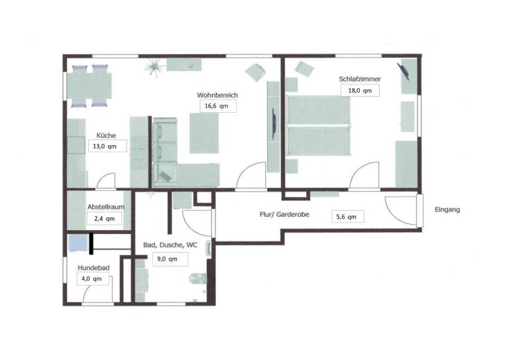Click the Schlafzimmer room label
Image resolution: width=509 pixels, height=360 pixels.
tap(360, 79)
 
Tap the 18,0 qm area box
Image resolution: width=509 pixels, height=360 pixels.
tap(360, 91)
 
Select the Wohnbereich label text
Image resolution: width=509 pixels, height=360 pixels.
tap(217, 95)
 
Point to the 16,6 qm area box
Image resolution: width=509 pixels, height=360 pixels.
tap(218, 106)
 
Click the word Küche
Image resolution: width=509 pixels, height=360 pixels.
tap(106, 135)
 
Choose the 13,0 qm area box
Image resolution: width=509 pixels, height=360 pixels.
tap(107, 146)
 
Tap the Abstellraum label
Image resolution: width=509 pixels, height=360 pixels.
tap(106, 207)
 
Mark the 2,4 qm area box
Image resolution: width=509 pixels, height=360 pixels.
tap(105, 219)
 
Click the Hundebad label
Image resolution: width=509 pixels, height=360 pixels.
tap(93, 268)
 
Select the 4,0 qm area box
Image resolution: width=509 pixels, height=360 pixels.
tap(93, 279)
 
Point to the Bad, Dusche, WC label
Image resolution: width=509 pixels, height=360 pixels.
tap(170, 245)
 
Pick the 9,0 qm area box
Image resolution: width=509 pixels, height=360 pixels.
tap(170, 259)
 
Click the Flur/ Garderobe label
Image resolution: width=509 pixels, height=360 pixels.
tap(284, 215)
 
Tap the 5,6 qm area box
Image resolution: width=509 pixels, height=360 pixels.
tap(348, 217)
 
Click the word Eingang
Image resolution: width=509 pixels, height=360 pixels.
tap(447, 210)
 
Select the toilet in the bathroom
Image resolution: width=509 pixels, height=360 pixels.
tap(198, 278)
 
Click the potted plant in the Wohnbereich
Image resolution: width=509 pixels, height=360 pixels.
tap(155, 68)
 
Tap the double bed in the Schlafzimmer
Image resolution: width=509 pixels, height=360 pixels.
tap(319, 125)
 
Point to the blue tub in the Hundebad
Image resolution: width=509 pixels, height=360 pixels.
tap(78, 243)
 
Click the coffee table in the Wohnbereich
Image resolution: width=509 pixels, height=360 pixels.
tap(204, 133)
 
